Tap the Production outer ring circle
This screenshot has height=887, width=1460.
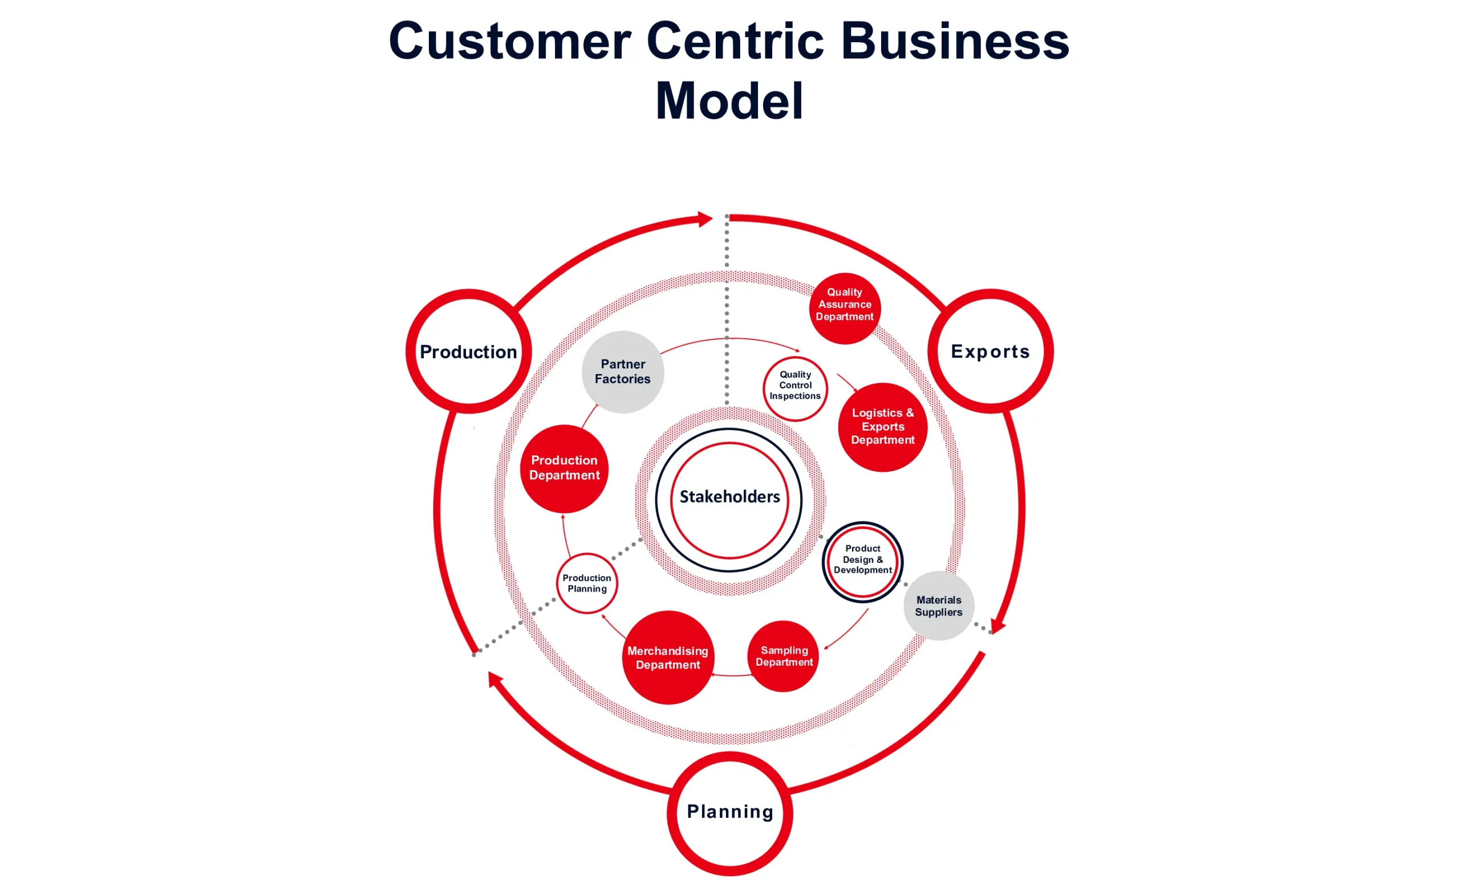[x=468, y=351]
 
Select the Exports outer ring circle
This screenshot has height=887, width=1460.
[x=990, y=351]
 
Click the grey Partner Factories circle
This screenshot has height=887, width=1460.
[x=622, y=371]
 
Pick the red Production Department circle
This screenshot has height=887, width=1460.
[x=564, y=468]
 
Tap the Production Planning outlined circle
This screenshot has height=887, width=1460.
[x=587, y=583]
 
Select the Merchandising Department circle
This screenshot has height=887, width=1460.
[x=668, y=658]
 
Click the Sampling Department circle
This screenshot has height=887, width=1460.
[x=784, y=656]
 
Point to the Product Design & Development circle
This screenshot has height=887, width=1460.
[x=862, y=561]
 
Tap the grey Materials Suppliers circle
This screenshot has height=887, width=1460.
[x=939, y=606]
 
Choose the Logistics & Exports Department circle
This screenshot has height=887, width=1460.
[x=882, y=427]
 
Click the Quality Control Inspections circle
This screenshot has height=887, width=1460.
[x=795, y=388]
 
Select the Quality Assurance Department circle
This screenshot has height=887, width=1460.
[x=845, y=307]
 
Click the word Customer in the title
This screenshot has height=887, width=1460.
[x=510, y=42]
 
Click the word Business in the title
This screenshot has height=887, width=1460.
[x=955, y=42]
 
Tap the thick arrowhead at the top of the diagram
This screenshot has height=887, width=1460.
[x=704, y=219]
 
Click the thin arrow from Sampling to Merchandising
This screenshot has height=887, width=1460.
[x=732, y=675]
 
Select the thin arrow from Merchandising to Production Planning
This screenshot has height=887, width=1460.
[x=613, y=626]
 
